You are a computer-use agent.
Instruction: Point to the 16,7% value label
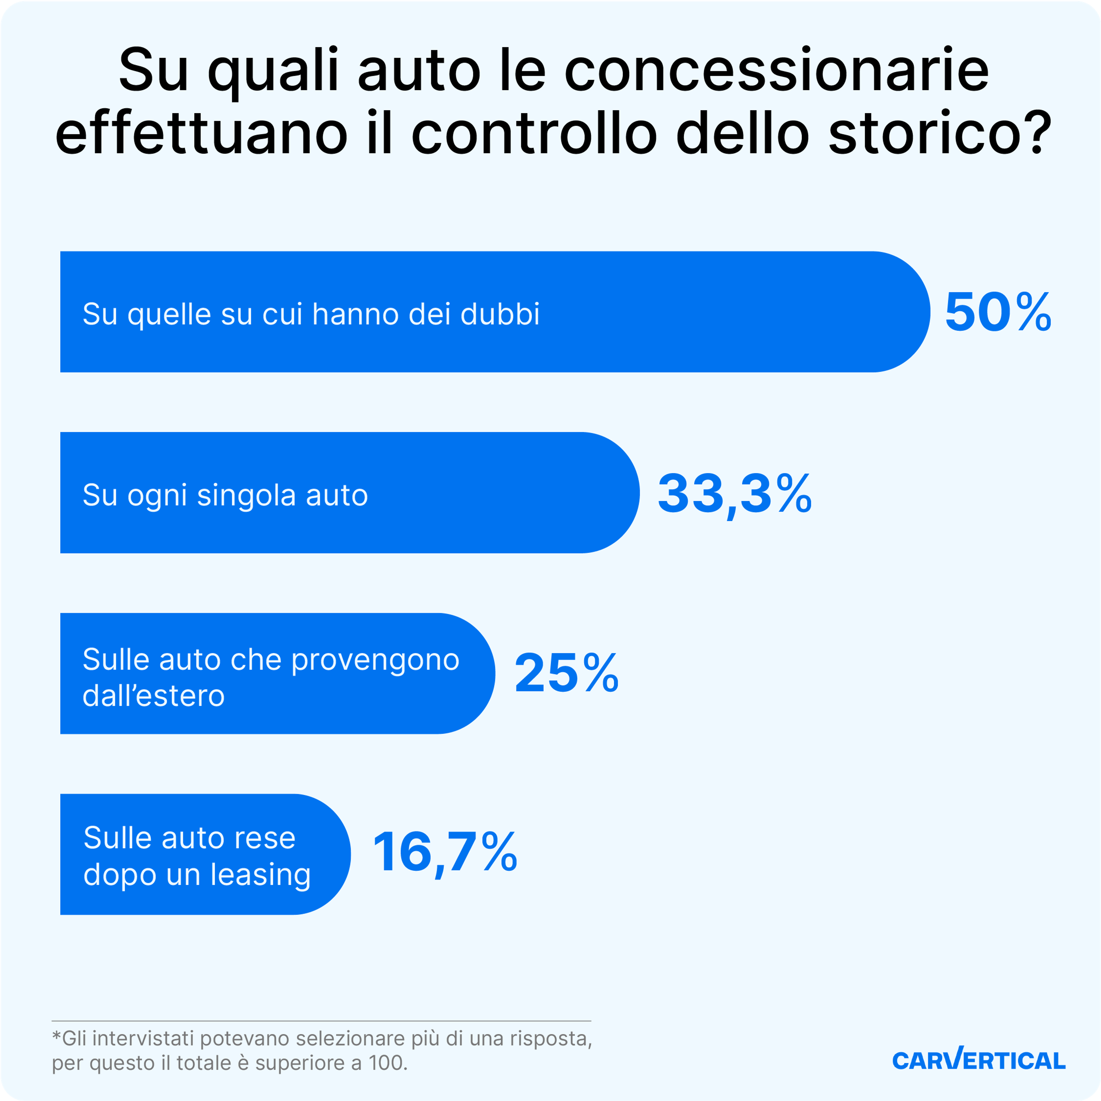[444, 853]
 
